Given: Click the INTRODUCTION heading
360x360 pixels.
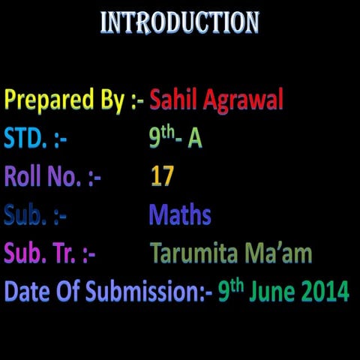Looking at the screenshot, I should pyautogui.click(x=180, y=23).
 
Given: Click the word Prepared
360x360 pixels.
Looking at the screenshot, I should pyautogui.click(x=41, y=100).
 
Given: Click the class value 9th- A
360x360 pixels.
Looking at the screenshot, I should pyautogui.click(x=175, y=138).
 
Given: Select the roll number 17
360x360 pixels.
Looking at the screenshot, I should pyautogui.click(x=162, y=177).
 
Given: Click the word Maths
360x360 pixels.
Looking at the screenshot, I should pyautogui.click(x=180, y=215).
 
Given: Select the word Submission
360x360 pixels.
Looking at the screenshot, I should pyautogui.click(x=142, y=291).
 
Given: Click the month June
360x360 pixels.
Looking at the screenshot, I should pyautogui.click(x=271, y=291).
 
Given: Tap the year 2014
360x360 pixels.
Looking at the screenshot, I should pyautogui.click(x=325, y=291).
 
